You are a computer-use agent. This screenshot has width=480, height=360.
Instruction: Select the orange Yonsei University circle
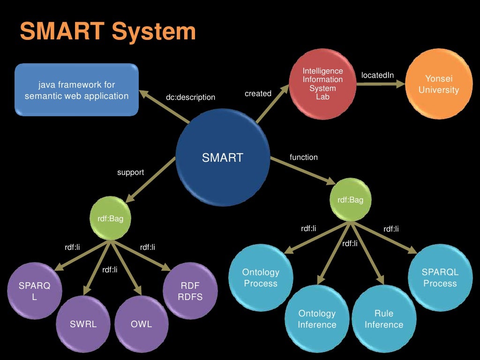[438, 84]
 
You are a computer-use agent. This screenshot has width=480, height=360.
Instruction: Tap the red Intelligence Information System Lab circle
[322, 84]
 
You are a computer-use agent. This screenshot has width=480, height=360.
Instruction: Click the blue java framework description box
[76, 90]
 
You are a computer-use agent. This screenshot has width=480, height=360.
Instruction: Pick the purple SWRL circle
[83, 324]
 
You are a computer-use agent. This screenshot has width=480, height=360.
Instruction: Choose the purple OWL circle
[142, 324]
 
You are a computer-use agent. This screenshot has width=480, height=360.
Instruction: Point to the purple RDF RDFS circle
[191, 291]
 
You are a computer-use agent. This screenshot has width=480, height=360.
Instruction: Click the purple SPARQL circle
[34, 291]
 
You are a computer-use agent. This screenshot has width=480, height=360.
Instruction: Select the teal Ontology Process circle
[261, 277]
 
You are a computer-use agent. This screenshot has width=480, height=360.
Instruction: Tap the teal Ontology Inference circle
[317, 319]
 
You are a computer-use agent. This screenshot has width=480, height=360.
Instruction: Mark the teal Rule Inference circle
[384, 319]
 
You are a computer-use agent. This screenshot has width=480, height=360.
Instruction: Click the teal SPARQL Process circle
[440, 277]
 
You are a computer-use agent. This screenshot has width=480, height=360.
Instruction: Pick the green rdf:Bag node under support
[110, 218]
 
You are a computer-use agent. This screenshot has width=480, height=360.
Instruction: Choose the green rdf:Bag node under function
[350, 200]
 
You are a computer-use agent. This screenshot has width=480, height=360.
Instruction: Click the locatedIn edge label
[377, 75]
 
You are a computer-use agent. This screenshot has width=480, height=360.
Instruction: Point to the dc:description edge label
[190, 97]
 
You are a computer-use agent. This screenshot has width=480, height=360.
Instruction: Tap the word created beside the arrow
[258, 94]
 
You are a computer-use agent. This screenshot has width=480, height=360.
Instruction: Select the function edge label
[303, 157]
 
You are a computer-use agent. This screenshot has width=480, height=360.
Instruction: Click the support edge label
[130, 172]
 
